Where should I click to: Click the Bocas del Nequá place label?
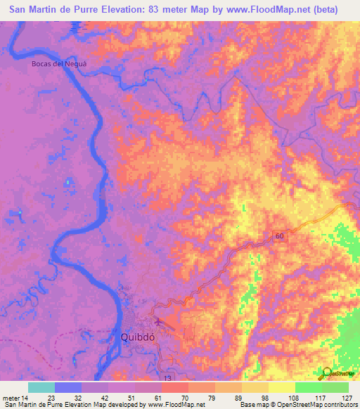coord(58,64)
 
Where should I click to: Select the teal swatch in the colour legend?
coord(41,387)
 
